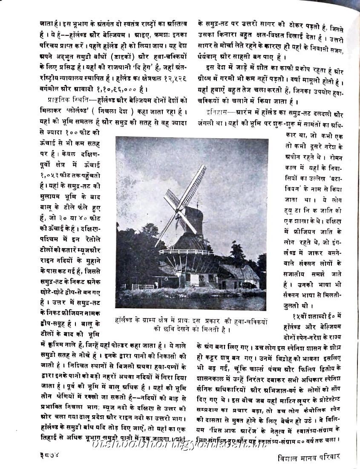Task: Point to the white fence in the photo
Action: (143, 287)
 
